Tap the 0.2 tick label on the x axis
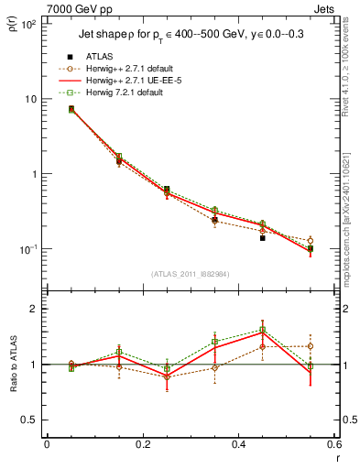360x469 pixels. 142,446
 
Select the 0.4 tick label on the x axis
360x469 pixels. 238,446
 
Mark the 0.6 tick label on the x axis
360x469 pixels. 333,446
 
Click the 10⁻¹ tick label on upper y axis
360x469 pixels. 28,249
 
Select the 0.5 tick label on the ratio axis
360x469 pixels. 30,420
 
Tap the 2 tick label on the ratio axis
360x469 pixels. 35,309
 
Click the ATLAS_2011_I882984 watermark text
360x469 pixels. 190,274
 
